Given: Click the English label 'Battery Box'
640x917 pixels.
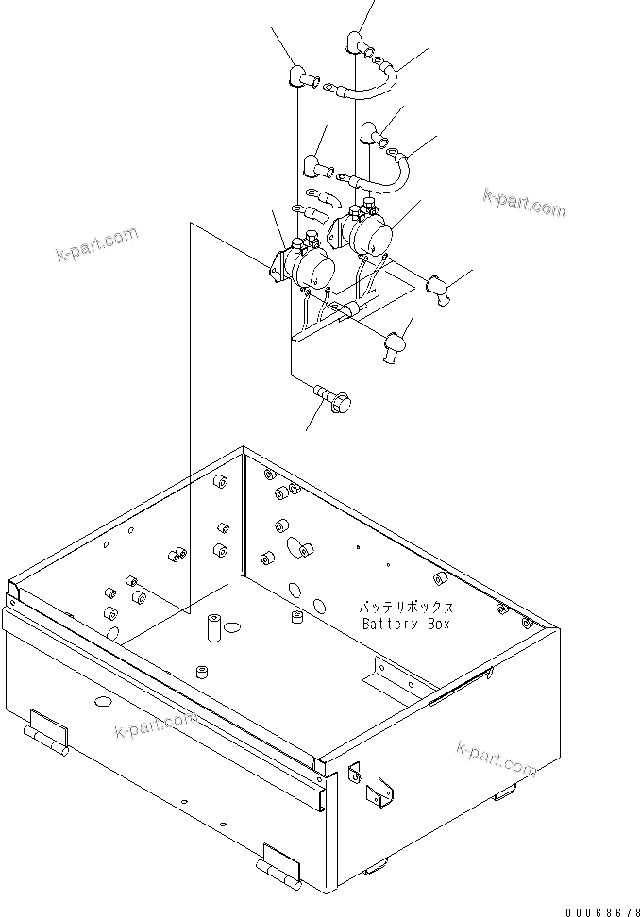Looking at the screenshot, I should (406, 624).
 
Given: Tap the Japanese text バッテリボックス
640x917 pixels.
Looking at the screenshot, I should (406, 608).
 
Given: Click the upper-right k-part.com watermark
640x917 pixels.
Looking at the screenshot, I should (524, 200).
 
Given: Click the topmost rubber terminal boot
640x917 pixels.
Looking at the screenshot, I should (358, 42).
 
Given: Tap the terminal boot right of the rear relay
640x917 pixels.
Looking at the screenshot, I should (440, 287).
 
